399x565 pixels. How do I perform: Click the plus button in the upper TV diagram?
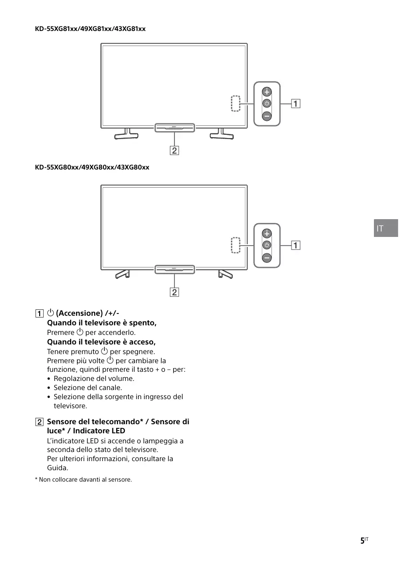click(267, 91)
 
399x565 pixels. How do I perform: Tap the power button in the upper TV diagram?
click(267, 103)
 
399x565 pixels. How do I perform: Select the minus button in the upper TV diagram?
click(267, 116)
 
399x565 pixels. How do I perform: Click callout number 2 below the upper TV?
click(174, 150)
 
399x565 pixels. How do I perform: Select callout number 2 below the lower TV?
click(174, 292)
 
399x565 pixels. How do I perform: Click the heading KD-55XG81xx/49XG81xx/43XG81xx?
click(90, 29)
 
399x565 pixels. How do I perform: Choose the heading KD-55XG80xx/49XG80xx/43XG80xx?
click(92, 167)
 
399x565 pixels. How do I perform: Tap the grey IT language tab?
click(386, 228)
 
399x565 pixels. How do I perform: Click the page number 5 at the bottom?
click(363, 541)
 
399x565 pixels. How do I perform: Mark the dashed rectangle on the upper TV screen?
click(235, 104)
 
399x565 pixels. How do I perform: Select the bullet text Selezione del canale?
click(88, 388)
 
